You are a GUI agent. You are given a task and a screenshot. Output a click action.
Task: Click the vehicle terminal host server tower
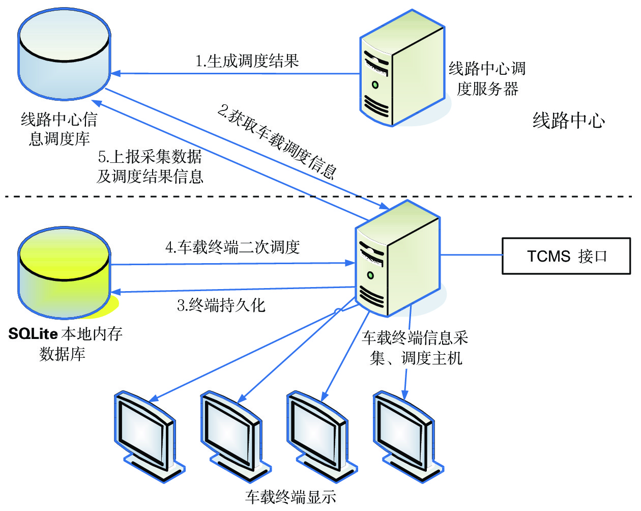pyautogui.click(x=397, y=260)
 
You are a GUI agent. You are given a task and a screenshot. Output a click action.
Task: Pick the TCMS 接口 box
pyautogui.click(x=566, y=256)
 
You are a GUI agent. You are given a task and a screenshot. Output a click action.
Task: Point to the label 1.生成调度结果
pyautogui.click(x=247, y=62)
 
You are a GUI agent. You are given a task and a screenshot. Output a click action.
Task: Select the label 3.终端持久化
pyautogui.click(x=221, y=305)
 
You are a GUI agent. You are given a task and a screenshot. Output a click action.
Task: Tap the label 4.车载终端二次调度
pyautogui.click(x=232, y=247)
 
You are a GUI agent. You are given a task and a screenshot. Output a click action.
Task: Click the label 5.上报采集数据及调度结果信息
pyautogui.click(x=150, y=166)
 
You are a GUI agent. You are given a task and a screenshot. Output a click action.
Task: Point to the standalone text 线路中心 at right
pyautogui.click(x=569, y=121)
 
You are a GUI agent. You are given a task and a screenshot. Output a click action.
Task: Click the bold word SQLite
pyautogui.click(x=33, y=334)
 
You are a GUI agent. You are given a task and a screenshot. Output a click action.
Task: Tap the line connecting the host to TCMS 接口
pyautogui.click(x=471, y=254)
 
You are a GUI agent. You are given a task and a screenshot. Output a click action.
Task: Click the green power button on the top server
pyautogui.click(x=375, y=84)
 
